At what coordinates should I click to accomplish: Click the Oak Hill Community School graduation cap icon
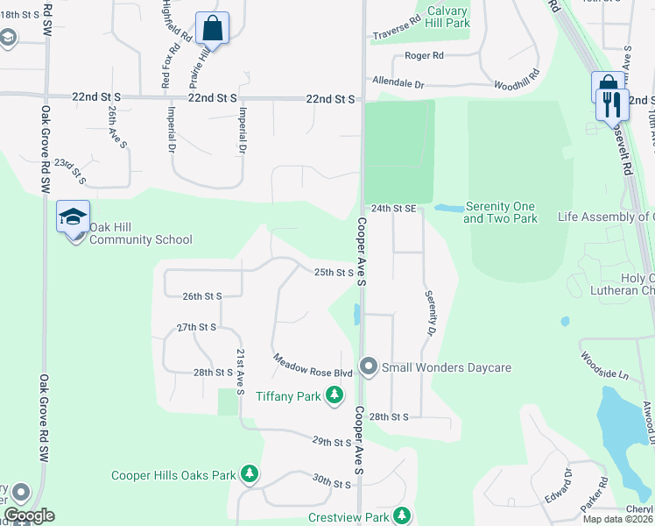(x=74, y=216)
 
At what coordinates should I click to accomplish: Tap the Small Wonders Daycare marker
(x=369, y=367)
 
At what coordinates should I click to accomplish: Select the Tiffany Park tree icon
(x=334, y=396)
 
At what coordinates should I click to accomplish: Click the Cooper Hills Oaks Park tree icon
(x=250, y=474)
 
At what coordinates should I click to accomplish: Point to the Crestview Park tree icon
(x=401, y=516)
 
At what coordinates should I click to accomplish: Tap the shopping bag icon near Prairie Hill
(x=212, y=28)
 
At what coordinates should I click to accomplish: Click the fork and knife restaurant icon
(x=613, y=104)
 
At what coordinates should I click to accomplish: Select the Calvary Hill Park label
(x=447, y=18)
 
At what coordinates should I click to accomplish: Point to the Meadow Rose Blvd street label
(x=312, y=366)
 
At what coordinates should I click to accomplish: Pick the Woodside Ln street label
(x=603, y=366)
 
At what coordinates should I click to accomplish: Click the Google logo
(x=28, y=515)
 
